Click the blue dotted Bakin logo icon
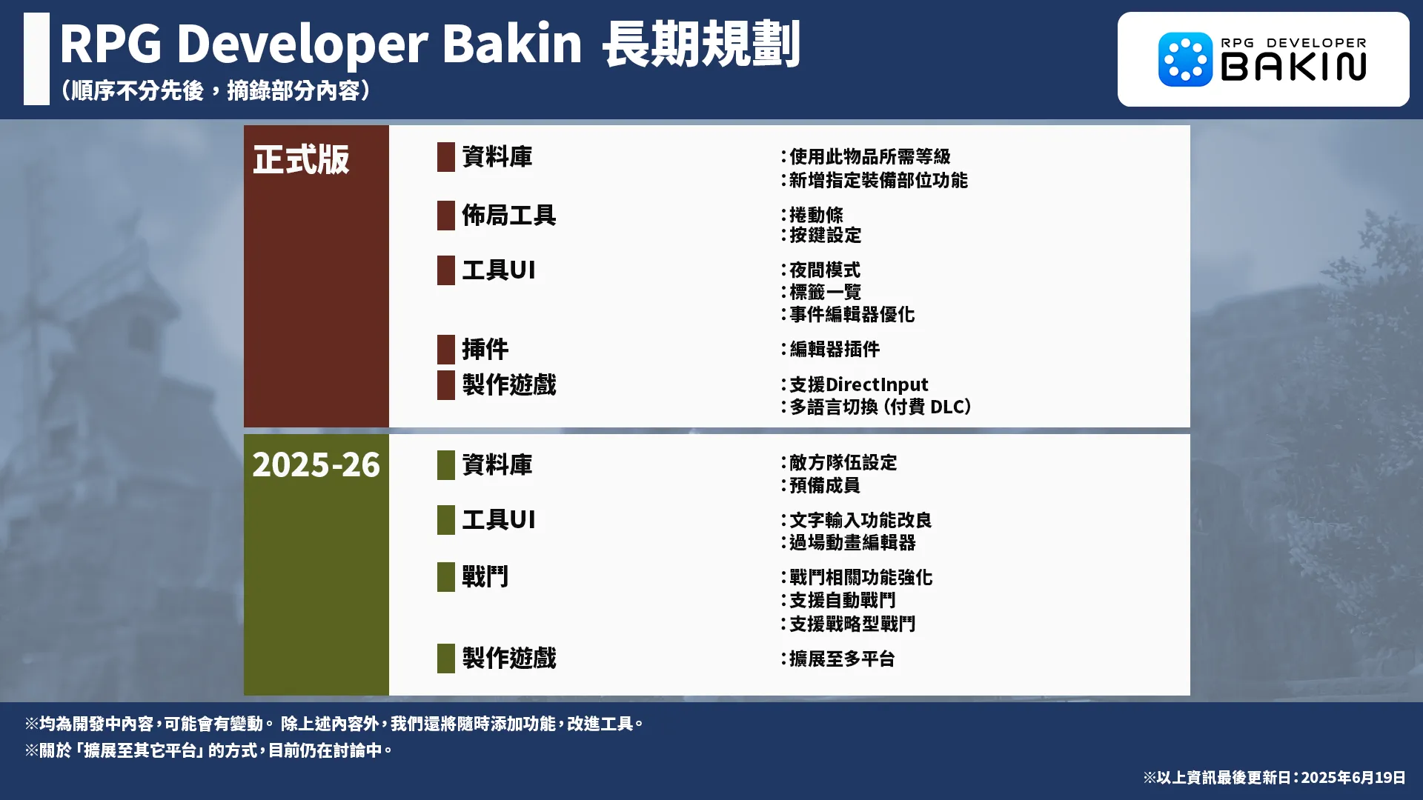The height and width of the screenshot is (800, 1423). tap(1185, 59)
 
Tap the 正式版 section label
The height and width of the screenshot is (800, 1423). tap(301, 159)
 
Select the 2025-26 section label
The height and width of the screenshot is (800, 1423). tap(316, 465)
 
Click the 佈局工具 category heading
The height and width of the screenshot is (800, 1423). tap(508, 216)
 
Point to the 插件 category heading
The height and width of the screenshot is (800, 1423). tap(485, 349)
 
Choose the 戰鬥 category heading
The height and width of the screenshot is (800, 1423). tap(485, 576)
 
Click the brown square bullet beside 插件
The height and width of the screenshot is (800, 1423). tap(446, 349)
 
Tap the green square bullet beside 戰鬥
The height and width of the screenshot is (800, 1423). tap(446, 577)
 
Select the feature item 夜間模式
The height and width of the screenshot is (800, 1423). tap(825, 270)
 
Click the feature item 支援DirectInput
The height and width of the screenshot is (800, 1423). tap(858, 384)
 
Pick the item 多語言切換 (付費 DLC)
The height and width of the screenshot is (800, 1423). tap(880, 407)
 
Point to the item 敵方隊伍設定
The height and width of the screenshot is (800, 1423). tap(843, 463)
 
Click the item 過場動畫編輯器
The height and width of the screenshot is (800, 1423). tap(852, 542)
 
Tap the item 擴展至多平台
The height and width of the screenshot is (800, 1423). tap(842, 659)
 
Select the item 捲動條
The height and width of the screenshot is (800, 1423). tap(816, 215)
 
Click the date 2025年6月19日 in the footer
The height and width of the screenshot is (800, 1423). tap(1353, 777)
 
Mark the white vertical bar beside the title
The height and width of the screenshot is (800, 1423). tap(36, 59)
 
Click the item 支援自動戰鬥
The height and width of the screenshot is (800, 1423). tap(842, 600)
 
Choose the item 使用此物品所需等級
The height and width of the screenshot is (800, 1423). tap(869, 156)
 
